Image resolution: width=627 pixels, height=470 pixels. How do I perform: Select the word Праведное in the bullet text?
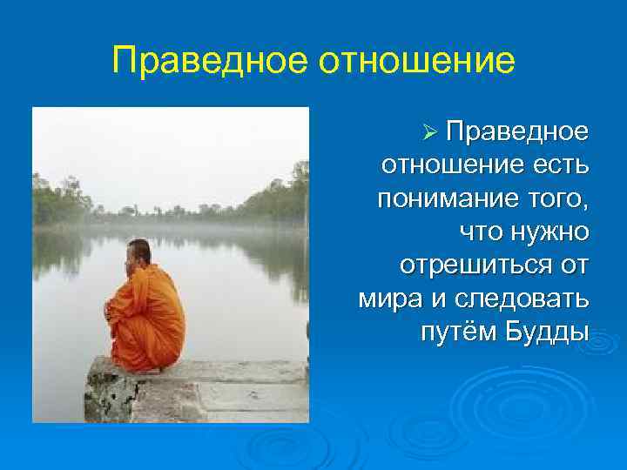click(516, 133)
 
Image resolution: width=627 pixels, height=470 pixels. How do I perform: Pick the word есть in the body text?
click(560, 166)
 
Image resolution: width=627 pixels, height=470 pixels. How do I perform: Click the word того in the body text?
click(558, 199)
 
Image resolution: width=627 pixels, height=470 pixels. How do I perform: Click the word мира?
click(388, 299)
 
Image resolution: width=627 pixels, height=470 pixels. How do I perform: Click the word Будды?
click(545, 332)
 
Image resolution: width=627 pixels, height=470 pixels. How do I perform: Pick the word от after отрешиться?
click(573, 265)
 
